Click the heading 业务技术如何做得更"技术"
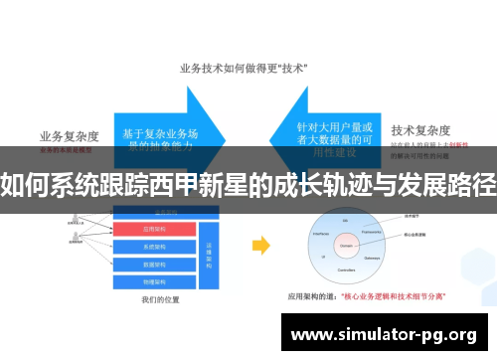point(243,69)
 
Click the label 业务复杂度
point(68,136)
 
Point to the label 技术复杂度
point(421,129)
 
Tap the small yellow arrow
point(260,245)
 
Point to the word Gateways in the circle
point(375,255)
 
